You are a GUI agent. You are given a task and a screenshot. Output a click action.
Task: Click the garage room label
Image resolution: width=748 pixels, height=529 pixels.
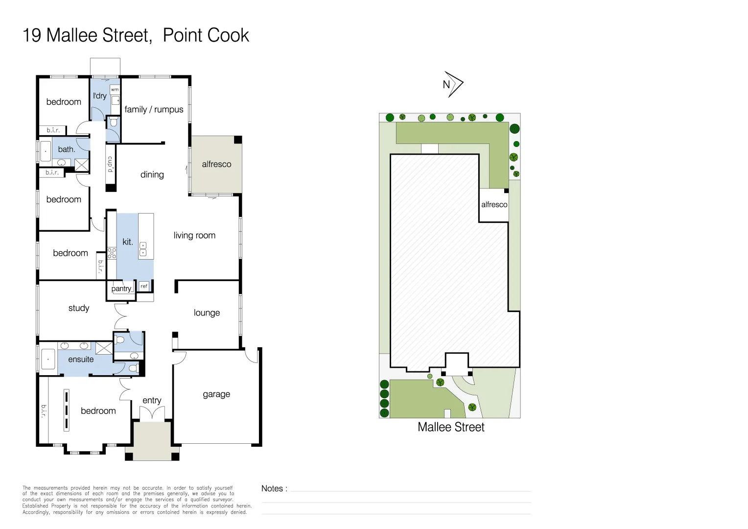click(x=216, y=394)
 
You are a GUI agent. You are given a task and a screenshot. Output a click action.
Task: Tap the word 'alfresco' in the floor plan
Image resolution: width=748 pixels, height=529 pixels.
click(x=216, y=164)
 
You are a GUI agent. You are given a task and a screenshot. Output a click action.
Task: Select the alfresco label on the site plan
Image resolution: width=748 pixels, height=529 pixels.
click(x=494, y=205)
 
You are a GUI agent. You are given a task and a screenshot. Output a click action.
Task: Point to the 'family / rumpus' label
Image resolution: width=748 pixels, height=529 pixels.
click(x=154, y=110)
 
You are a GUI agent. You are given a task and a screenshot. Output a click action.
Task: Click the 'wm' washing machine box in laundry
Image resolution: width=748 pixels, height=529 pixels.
click(x=115, y=90)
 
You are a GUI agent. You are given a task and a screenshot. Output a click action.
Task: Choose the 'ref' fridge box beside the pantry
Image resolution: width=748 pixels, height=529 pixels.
click(x=144, y=286)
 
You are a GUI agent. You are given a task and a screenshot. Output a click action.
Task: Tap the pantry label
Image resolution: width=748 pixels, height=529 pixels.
click(x=121, y=289)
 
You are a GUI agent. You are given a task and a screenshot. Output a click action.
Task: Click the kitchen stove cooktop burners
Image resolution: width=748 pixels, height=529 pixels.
click(x=112, y=253)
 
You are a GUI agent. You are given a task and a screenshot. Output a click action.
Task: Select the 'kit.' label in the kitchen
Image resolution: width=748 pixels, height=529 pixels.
click(x=128, y=242)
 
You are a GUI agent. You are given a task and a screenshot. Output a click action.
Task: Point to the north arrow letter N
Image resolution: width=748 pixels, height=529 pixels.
click(x=446, y=85)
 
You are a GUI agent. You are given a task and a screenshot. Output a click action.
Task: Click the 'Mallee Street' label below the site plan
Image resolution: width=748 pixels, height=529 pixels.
click(x=451, y=427)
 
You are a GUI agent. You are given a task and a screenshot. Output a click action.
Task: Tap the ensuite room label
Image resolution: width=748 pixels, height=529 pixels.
click(x=81, y=360)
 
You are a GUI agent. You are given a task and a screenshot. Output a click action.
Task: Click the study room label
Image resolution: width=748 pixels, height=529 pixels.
click(x=79, y=308)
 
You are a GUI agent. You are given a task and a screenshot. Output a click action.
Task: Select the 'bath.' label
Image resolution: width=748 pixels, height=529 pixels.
click(x=67, y=149)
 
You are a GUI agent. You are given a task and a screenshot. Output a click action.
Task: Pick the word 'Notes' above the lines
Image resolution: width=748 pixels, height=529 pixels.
click(x=272, y=488)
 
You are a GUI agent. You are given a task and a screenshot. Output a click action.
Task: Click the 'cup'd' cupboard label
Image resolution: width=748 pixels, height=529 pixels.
click(x=111, y=165)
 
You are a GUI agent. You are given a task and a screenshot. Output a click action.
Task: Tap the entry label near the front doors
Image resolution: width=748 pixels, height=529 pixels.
click(x=152, y=401)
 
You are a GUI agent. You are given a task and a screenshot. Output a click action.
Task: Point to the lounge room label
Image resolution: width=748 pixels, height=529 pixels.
click(x=207, y=313)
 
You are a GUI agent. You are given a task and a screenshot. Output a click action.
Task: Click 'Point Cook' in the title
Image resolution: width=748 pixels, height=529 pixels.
click(x=206, y=35)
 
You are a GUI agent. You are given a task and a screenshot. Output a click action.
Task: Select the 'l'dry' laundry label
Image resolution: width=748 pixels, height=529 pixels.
click(x=99, y=96)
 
